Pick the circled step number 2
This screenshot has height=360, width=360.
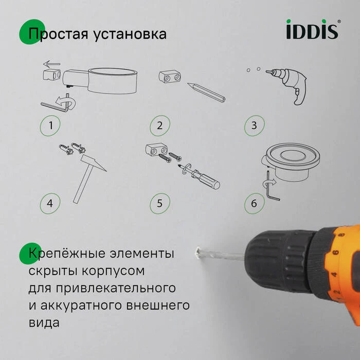[x=160, y=125]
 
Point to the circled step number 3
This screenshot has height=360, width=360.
[x=254, y=125]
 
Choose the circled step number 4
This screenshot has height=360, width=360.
[x=50, y=203]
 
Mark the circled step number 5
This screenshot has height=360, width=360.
[x=160, y=203]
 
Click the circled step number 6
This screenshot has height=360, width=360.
[x=254, y=203]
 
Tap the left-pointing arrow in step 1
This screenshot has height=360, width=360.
[x=51, y=64]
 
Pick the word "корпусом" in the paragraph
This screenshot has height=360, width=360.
[x=116, y=271]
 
